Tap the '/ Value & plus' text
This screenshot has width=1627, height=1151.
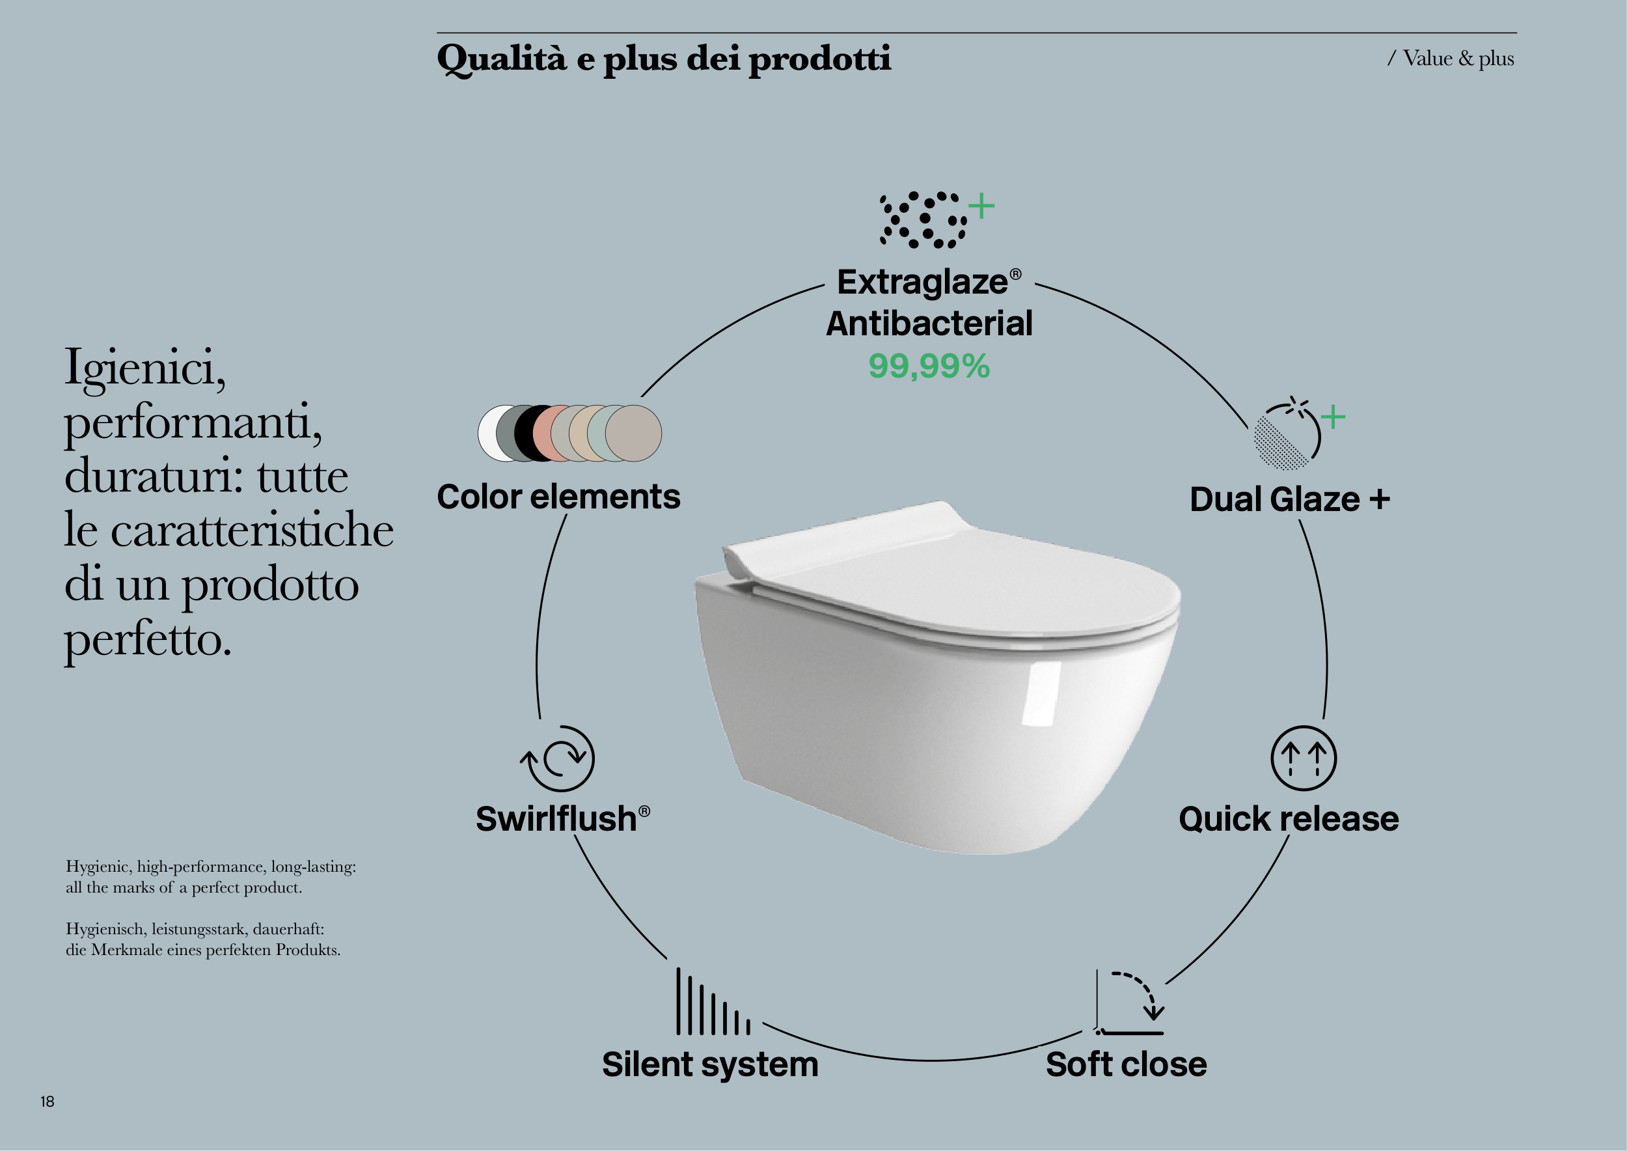point(1451,59)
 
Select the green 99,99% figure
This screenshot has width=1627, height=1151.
point(929,367)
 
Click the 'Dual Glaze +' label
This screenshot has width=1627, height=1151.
point(1290,500)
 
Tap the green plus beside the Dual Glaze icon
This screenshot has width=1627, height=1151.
point(1333,417)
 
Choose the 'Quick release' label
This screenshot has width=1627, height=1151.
point(1289,820)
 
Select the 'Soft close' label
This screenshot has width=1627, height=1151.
point(1126,1064)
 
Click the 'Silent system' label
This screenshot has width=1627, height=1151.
point(710,1064)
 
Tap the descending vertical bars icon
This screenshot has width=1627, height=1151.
point(713,1001)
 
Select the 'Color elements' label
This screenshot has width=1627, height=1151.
point(558,497)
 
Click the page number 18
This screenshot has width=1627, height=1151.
point(48,1102)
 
